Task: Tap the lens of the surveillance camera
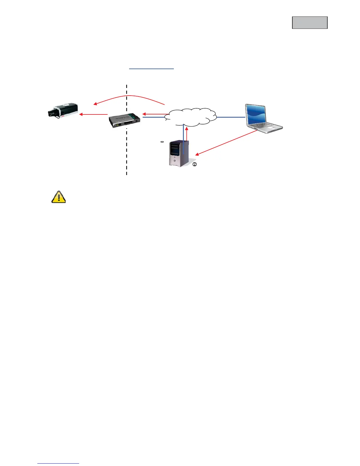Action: coord(52,112)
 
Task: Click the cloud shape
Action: coord(191,117)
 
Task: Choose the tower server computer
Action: coord(179,154)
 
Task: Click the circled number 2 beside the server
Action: coord(194,165)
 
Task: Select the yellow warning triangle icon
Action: coord(59,197)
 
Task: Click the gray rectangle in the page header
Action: coord(310,23)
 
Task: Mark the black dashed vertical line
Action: coord(127,153)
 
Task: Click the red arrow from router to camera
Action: coord(94,114)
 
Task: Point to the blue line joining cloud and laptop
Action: coord(231,117)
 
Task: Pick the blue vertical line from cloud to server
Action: coord(183,138)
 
